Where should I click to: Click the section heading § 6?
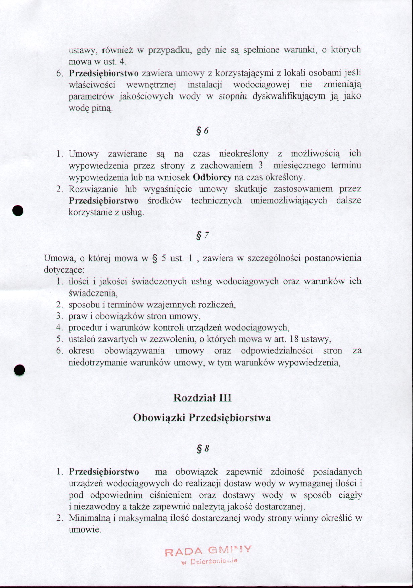tap(202, 131)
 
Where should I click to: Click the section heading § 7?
tap(202, 236)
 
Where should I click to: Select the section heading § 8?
tap(203, 448)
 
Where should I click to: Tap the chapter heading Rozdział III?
tap(202, 398)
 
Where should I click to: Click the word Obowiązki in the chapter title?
tap(159, 418)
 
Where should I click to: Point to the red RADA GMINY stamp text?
tap(208, 550)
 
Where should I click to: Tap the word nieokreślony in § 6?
tap(244, 154)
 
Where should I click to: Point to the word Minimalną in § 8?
tap(89, 518)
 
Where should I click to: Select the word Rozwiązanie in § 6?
tap(93, 189)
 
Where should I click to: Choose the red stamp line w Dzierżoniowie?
tap(209, 562)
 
